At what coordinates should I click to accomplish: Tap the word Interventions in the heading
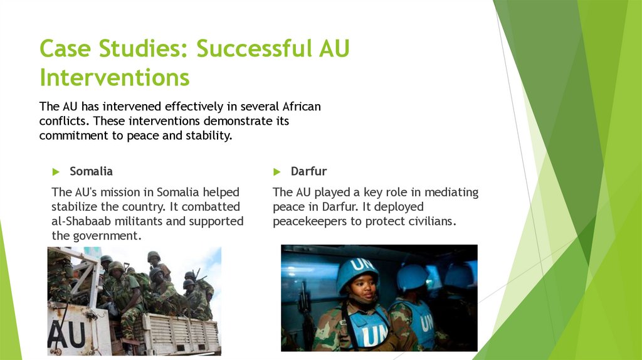tap(115, 77)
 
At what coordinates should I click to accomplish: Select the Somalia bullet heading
tap(91, 171)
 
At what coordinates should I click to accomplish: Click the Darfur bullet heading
tap(308, 171)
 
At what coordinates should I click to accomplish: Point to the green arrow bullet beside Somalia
tap(56, 172)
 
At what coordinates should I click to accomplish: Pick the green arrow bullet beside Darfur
tap(276, 172)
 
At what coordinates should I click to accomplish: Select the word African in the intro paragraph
tap(302, 107)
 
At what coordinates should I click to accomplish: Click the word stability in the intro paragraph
tap(209, 135)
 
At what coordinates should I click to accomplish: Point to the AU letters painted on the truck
tap(66, 334)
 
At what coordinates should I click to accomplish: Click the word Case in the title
tap(65, 48)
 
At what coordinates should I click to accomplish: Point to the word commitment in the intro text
tap(74, 135)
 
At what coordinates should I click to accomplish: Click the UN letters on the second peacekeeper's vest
tap(426, 324)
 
